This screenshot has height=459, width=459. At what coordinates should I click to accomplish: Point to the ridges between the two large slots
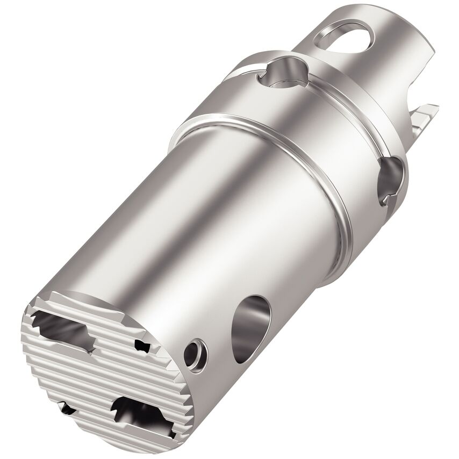tap(97, 371)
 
